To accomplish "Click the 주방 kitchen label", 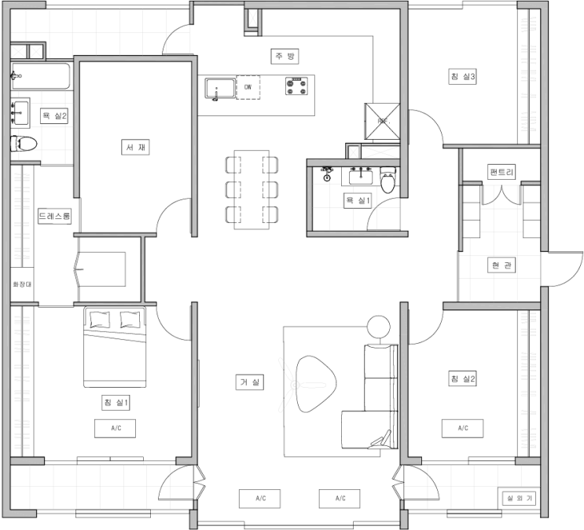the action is coord(285,57).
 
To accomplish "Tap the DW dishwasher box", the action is coord(248,87).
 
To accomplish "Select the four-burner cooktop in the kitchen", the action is coord(297,86).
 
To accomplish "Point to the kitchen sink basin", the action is coord(220,88).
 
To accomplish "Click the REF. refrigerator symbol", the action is coord(382,121).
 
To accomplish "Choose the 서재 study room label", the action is coord(135,148).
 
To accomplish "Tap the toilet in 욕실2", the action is coord(24,143).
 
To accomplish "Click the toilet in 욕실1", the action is coord(387,181).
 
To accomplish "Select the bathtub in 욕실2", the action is coord(40,76).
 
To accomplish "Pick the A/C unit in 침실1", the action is coord(115,429).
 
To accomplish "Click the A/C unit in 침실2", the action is coord(463,429).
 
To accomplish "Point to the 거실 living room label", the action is coord(250,382).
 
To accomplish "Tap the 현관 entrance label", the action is coord(501,265).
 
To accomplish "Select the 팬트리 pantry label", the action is coord(501,172).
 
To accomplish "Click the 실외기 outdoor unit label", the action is coord(520,498).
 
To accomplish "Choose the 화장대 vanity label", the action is coord(22,284).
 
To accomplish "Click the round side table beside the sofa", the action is coord(378,327).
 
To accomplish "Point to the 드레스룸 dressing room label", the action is coord(55,216).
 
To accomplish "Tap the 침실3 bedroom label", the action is coord(463,77).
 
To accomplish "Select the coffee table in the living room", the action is coord(316,384).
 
